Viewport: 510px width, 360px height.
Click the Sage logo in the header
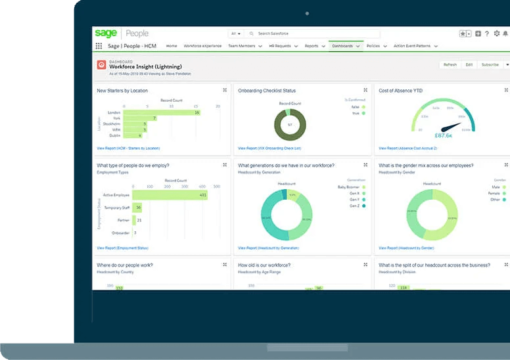106,34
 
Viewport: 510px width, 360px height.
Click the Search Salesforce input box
315,34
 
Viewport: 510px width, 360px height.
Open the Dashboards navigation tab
342,46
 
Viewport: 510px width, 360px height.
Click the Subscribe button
490,64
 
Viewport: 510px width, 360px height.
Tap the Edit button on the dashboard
469,64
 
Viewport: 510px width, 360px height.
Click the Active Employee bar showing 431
169,195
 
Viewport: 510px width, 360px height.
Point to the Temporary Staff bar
137,208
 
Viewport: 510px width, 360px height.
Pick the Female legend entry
493,194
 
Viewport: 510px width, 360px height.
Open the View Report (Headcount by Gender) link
406,248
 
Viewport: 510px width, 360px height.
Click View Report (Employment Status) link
122,248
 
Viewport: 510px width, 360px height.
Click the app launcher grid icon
99,46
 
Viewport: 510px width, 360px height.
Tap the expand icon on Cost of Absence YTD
506,90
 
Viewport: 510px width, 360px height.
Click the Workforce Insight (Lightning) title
145,66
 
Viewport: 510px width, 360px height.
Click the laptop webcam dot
307,12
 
